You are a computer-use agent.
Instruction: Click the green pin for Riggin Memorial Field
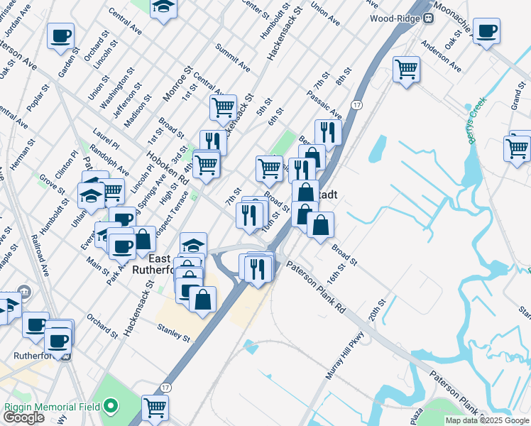pos(110,406)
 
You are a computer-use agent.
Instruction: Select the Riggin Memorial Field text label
pos(53,407)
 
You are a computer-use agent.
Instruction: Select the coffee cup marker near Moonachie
pos(487,31)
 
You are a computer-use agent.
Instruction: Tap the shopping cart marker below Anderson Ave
pos(406,69)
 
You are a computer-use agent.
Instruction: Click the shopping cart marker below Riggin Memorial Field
pos(155,408)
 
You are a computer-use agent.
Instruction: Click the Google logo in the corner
pos(23,417)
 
